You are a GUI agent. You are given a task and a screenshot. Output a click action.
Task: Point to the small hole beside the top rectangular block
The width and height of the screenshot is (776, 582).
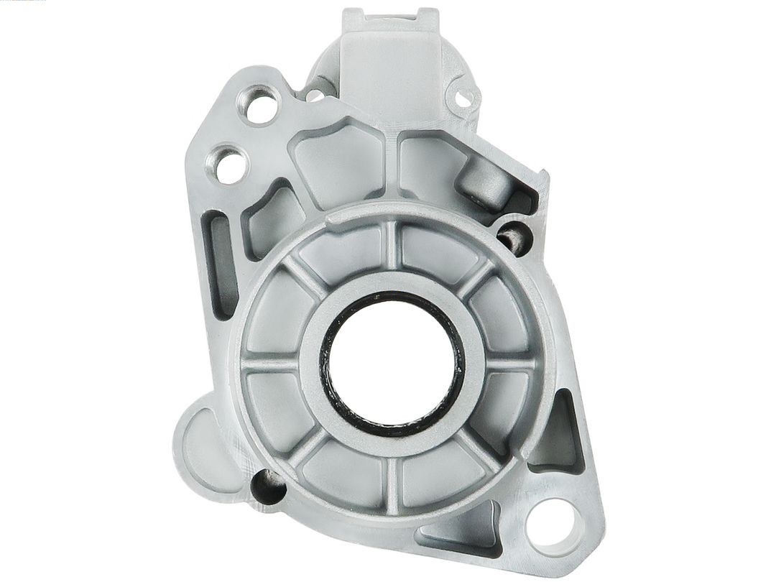coord(463,98)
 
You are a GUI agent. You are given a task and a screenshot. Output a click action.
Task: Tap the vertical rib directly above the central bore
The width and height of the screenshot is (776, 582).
coord(391,248)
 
